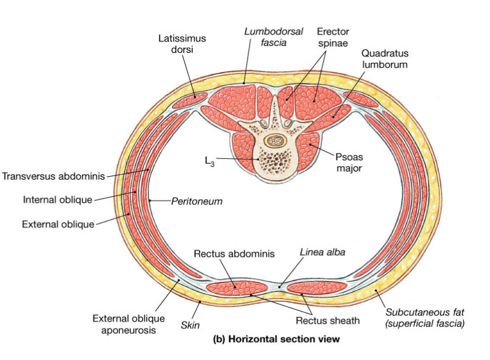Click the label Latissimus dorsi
point(182,44)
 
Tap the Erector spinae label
point(332,37)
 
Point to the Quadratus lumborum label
point(384,59)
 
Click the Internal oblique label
point(58,200)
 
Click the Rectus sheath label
point(327,320)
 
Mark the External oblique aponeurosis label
point(124,324)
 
